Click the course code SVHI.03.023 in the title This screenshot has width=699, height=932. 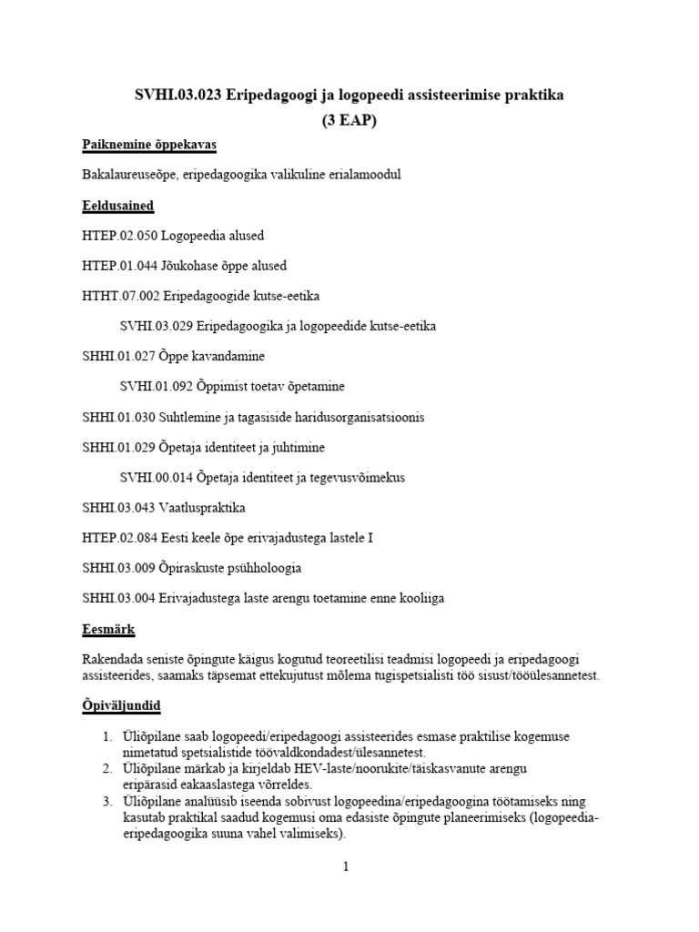click(171, 96)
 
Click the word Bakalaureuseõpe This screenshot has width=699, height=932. click(129, 176)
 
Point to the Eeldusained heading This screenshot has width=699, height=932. click(117, 206)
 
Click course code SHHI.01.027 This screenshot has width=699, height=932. click(119, 356)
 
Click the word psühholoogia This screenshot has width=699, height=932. click(261, 568)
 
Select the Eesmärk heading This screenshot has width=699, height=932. click(108, 628)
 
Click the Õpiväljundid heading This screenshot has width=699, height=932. click(123, 706)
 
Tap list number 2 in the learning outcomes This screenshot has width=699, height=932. click(106, 768)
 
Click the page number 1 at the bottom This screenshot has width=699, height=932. click(346, 866)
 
